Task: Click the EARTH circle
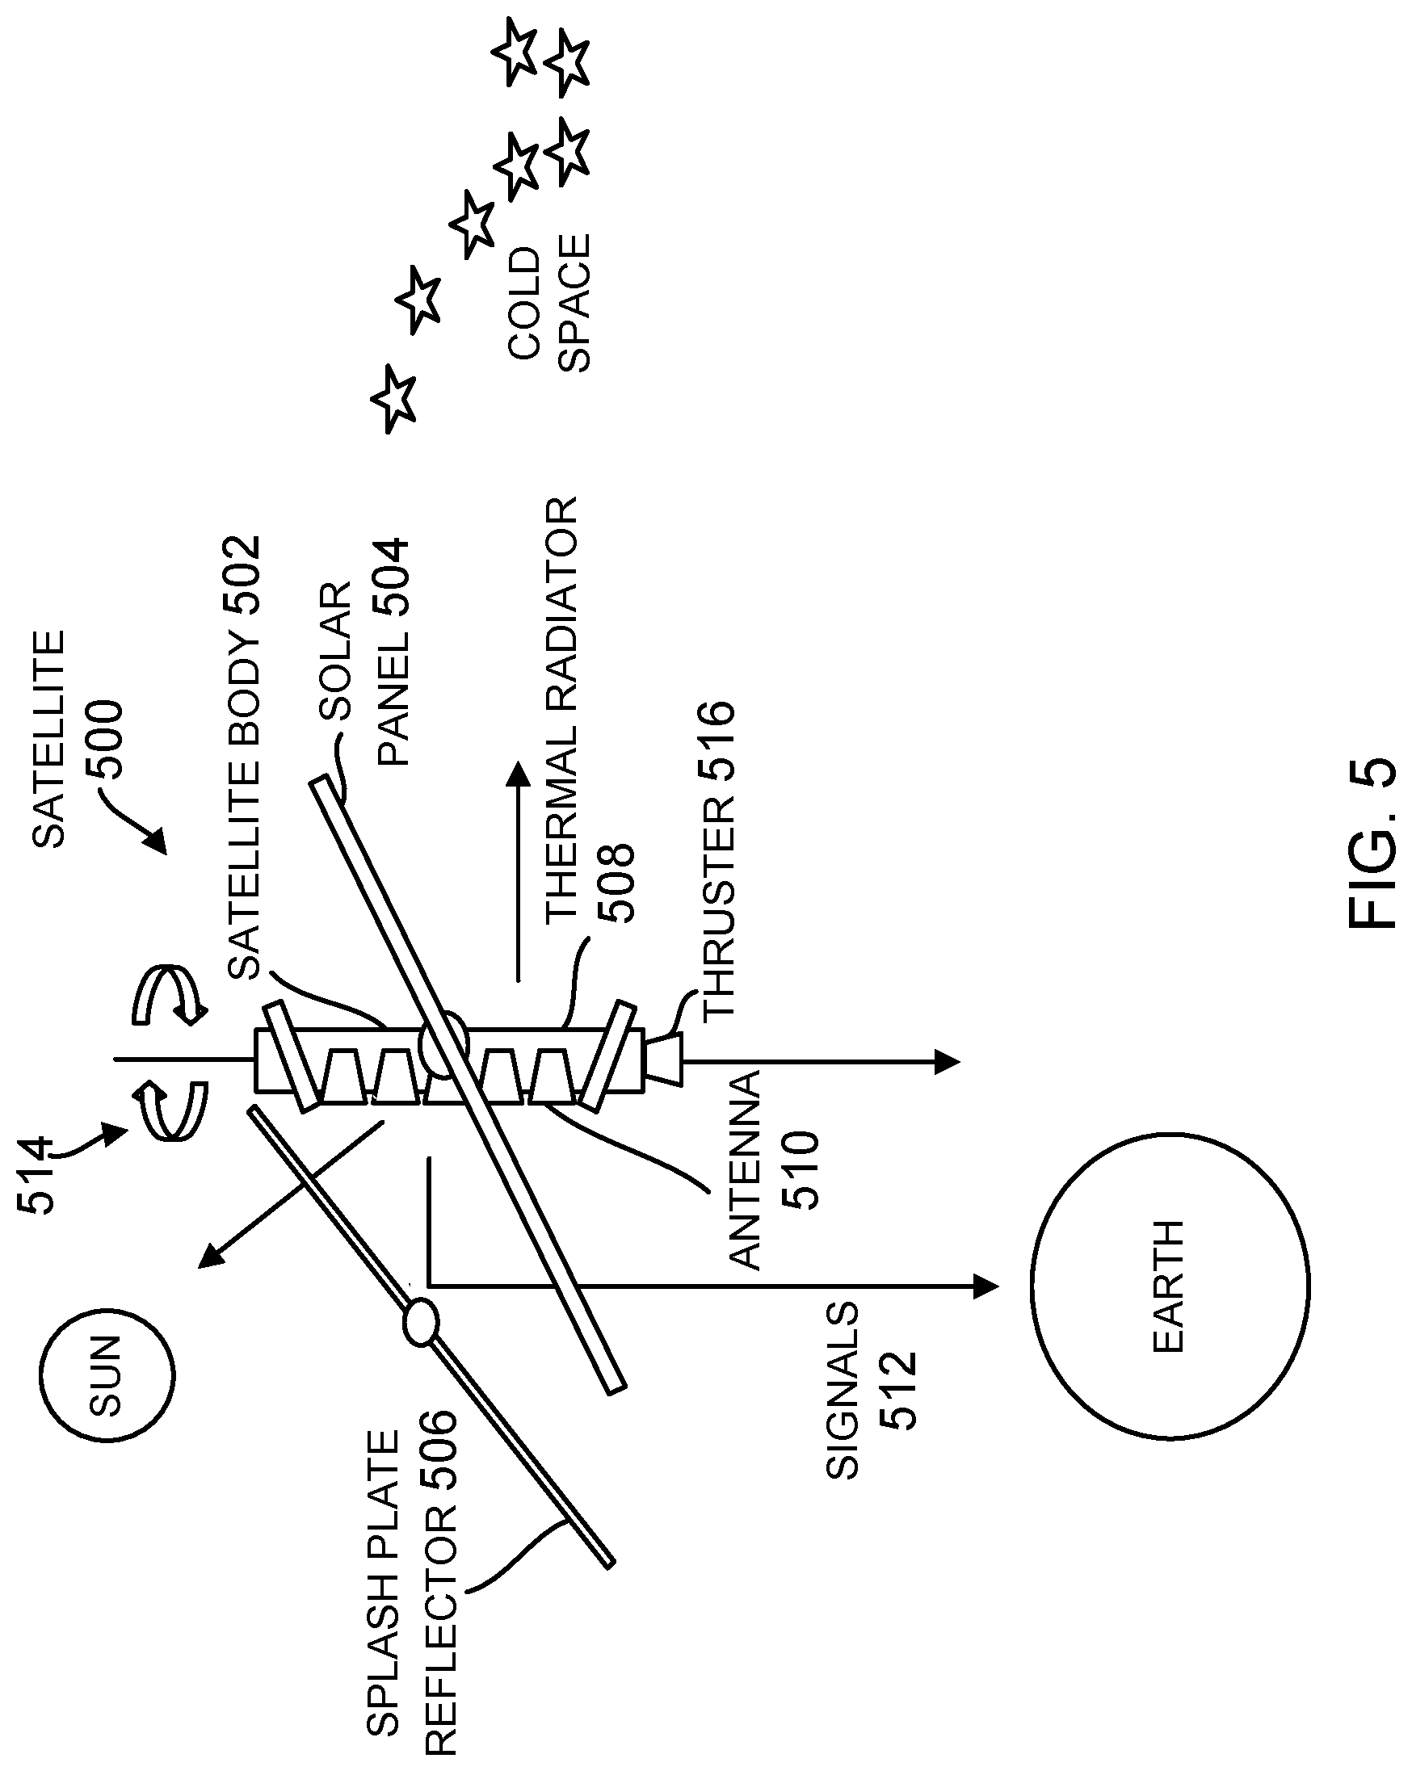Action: point(1170,1286)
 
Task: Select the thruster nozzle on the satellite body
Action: point(664,1060)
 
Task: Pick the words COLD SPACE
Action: point(548,303)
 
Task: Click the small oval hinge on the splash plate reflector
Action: point(421,1321)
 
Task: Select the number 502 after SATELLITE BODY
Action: point(244,576)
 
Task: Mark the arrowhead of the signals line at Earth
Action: point(985,1286)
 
